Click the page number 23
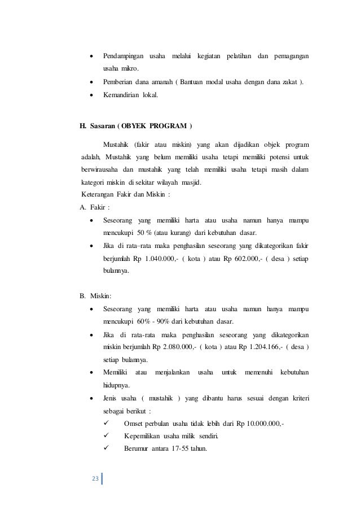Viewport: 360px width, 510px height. click(x=95, y=480)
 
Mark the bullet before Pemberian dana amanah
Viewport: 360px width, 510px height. click(x=92, y=82)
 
